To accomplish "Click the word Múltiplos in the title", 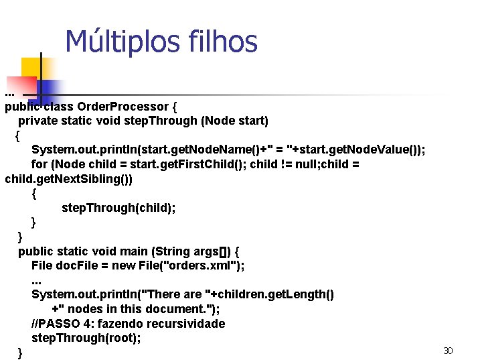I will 112,42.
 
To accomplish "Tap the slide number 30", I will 448,351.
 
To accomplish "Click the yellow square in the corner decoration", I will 32,68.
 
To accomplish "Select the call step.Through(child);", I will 118,208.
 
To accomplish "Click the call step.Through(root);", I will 86,338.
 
